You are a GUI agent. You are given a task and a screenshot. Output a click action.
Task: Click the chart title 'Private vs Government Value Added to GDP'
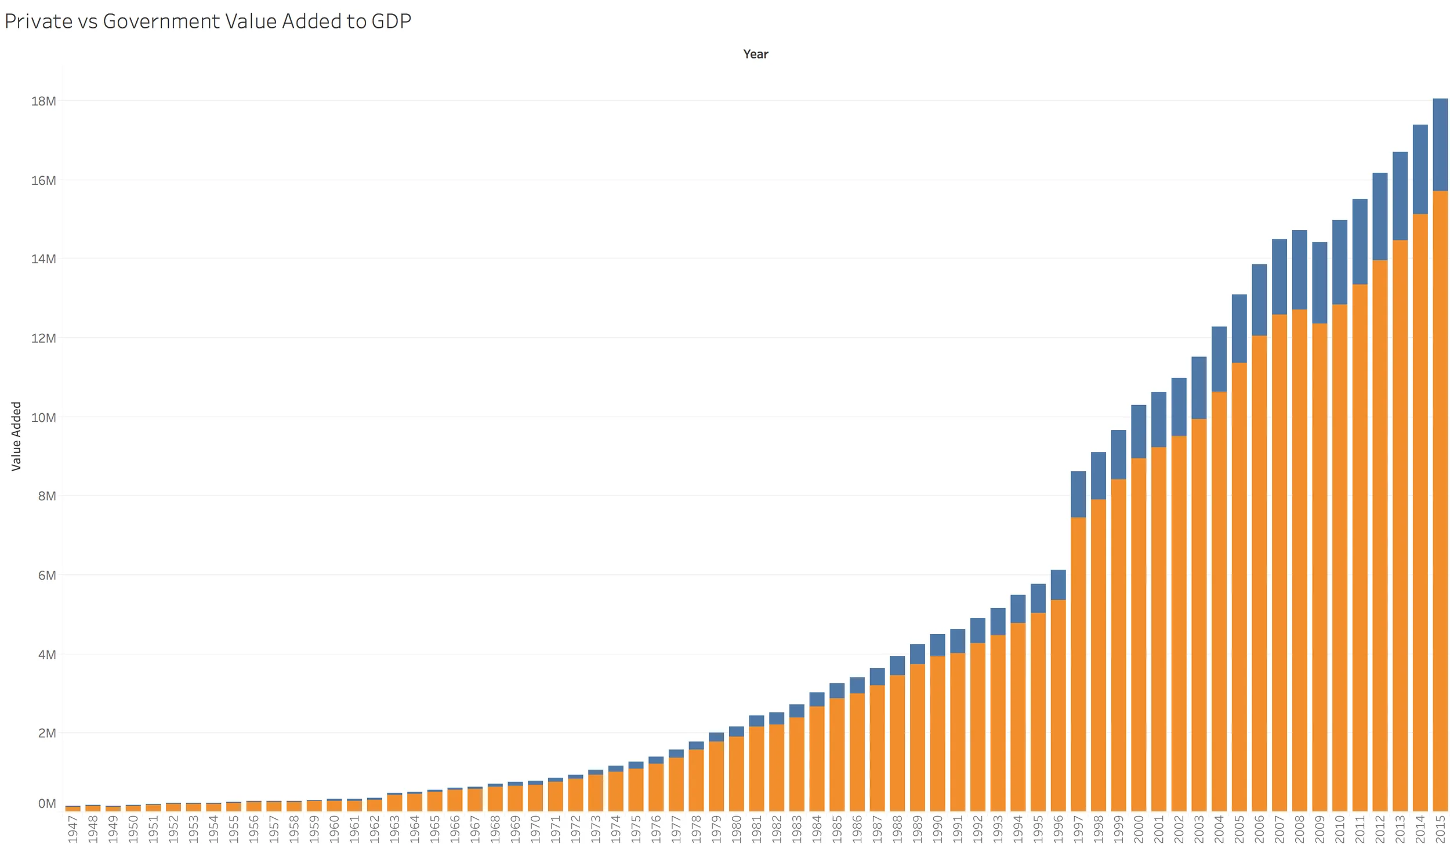pyautogui.click(x=208, y=21)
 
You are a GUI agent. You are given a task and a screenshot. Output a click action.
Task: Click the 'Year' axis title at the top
pyautogui.click(x=755, y=54)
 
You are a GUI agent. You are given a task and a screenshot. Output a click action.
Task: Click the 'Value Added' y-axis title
pyautogui.click(x=16, y=436)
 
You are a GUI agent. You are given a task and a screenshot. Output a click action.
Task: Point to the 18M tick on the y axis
pyautogui.click(x=43, y=101)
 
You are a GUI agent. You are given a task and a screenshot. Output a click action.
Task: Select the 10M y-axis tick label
pyautogui.click(x=43, y=417)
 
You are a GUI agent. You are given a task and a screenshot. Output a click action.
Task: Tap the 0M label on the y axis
pyautogui.click(x=47, y=803)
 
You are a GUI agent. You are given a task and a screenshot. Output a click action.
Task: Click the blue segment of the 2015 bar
pyautogui.click(x=1440, y=145)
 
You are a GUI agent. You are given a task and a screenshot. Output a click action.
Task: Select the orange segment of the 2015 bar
pyautogui.click(x=1440, y=498)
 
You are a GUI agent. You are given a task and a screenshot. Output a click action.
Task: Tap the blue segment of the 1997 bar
pyautogui.click(x=1078, y=494)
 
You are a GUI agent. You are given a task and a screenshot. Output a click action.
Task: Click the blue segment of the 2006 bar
pyautogui.click(x=1259, y=300)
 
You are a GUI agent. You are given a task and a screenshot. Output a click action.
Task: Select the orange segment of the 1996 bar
pyautogui.click(x=1058, y=704)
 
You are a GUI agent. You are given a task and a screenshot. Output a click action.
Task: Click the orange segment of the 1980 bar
pyautogui.click(x=736, y=773)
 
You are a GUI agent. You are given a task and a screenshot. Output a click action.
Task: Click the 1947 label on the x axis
pyautogui.click(x=72, y=829)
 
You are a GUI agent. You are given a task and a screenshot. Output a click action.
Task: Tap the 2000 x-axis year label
pyautogui.click(x=1138, y=829)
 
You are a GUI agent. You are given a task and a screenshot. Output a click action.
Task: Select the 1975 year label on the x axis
pyautogui.click(x=636, y=829)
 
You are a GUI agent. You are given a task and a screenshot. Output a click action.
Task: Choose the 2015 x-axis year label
pyautogui.click(x=1440, y=829)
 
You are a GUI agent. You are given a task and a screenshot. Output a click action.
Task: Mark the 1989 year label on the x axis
pyautogui.click(x=917, y=829)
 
